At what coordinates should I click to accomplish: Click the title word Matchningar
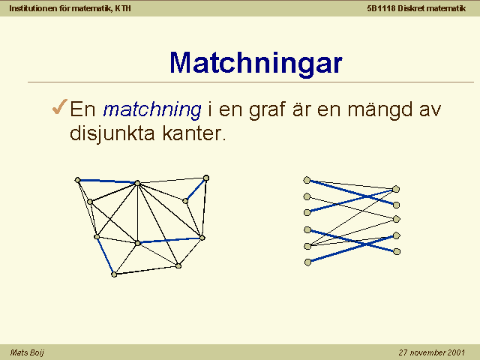pyautogui.click(x=256, y=63)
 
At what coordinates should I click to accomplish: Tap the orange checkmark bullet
pyautogui.click(x=60, y=106)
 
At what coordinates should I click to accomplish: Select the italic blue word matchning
pyautogui.click(x=152, y=109)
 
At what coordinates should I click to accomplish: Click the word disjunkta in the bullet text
pyautogui.click(x=112, y=133)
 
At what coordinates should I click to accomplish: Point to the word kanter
pyautogui.click(x=194, y=133)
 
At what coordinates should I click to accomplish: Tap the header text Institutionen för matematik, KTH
pyautogui.click(x=70, y=8)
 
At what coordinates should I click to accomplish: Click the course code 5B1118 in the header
pyautogui.click(x=382, y=8)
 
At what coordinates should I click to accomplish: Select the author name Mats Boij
pyautogui.click(x=27, y=352)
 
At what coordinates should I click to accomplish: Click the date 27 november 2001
pyautogui.click(x=432, y=352)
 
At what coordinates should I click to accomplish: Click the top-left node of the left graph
pyautogui.click(x=78, y=180)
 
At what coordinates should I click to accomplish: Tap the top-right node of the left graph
pyautogui.click(x=206, y=178)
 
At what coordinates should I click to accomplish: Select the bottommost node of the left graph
pyautogui.click(x=114, y=274)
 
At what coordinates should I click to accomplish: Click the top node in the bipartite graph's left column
pyautogui.click(x=307, y=180)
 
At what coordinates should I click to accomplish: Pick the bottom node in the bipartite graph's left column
pyautogui.click(x=308, y=262)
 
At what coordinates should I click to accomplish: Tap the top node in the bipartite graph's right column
pyautogui.click(x=396, y=189)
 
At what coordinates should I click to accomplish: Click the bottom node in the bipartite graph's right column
pyautogui.click(x=397, y=252)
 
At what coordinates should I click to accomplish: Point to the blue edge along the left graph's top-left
pyautogui.click(x=108, y=181)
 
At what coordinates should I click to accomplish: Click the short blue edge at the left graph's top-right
pyautogui.click(x=196, y=189)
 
